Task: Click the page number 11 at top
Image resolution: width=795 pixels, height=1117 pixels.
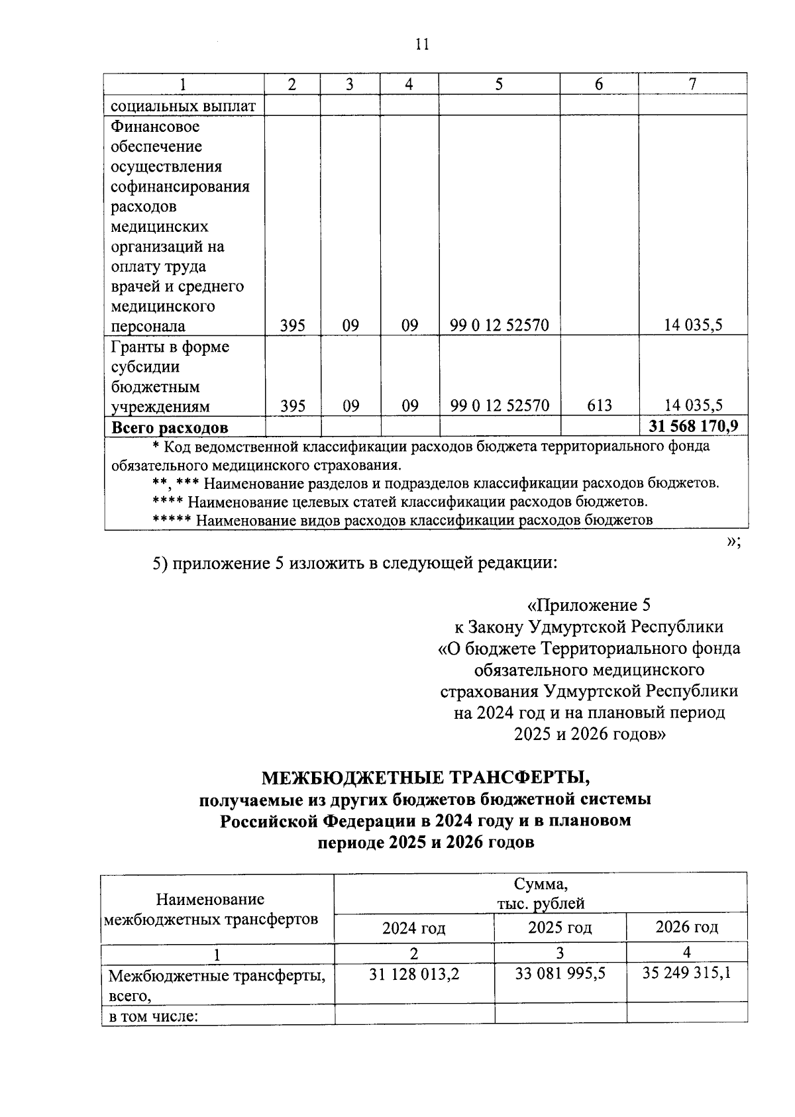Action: click(422, 44)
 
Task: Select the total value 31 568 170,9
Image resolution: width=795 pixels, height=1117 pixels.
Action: click(694, 425)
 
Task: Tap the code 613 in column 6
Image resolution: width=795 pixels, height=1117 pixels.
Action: click(599, 405)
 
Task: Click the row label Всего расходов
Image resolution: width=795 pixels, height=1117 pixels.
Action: click(170, 428)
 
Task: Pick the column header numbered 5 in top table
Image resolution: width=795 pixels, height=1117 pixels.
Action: click(498, 84)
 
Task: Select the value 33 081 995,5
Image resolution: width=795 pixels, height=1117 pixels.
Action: click(560, 973)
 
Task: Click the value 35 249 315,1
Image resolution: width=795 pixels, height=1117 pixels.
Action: click(687, 973)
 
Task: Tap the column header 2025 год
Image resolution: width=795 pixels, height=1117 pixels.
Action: click(560, 927)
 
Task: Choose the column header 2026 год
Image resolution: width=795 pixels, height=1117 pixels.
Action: click(686, 926)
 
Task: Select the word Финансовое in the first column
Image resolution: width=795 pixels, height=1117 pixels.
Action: click(155, 127)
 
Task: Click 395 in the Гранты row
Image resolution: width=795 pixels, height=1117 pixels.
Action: click(292, 405)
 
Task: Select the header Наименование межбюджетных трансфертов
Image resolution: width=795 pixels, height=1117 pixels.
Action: click(211, 908)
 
